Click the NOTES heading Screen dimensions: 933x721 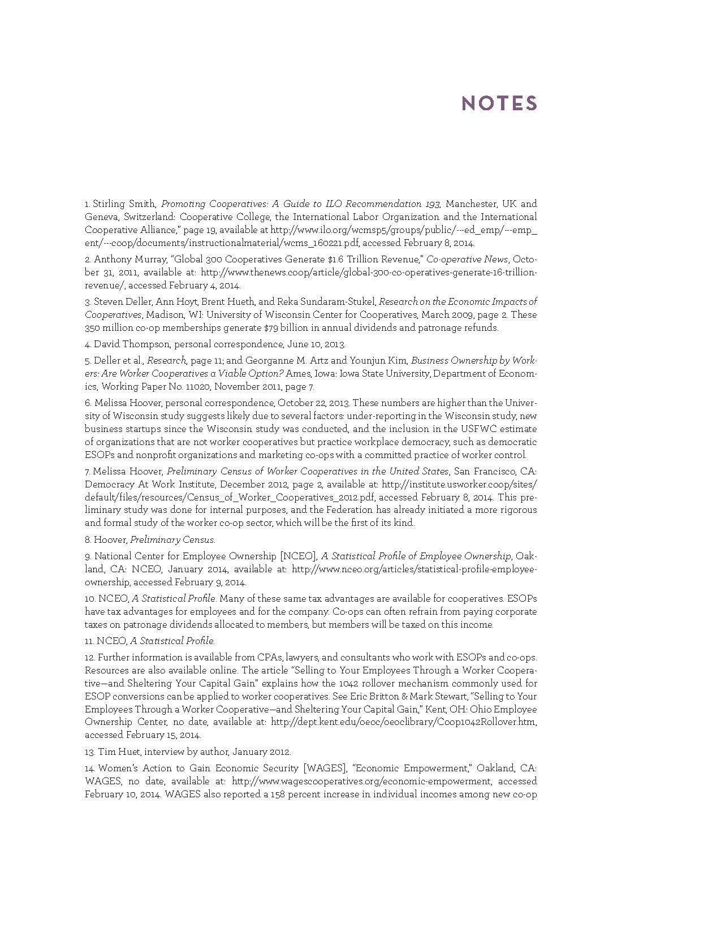point(499,103)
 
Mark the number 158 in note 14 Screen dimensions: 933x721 point(275,794)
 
